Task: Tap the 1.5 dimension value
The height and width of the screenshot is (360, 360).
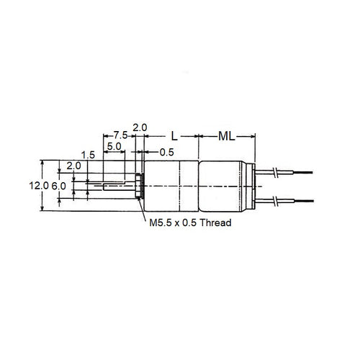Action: coord(89,155)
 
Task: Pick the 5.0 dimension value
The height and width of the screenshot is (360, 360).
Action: coord(114,146)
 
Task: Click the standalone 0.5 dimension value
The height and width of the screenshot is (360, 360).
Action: coord(166,152)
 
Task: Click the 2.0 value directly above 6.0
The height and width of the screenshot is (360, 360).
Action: coord(73,166)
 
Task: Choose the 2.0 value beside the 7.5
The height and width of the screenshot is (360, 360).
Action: coord(140,127)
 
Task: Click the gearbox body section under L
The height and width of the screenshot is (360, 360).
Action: coord(172,185)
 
